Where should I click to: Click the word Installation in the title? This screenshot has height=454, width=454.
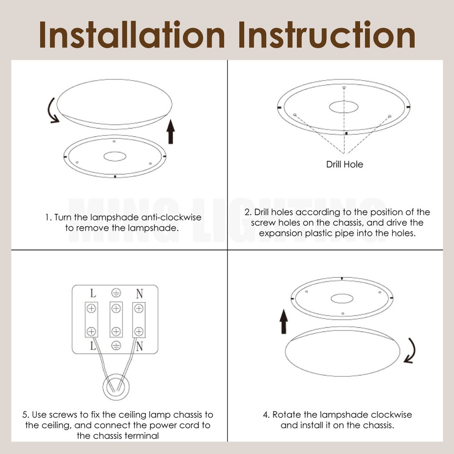[x=132, y=34]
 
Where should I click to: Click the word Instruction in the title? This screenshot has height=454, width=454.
[x=327, y=34]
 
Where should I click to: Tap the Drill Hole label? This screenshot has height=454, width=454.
[x=344, y=164]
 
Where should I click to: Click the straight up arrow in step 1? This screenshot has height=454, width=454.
[x=171, y=131]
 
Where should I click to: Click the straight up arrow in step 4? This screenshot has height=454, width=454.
[x=284, y=321]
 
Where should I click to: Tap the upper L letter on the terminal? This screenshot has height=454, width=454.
[x=93, y=294]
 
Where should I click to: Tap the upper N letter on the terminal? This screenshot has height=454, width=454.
[x=140, y=294]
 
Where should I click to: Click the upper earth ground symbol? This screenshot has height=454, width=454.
[x=116, y=293]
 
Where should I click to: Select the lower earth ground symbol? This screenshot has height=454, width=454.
[x=116, y=345]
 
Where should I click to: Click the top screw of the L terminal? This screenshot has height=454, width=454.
[x=91, y=309]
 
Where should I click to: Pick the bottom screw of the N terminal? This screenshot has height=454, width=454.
[x=139, y=332]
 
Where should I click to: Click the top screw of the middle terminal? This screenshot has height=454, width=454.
[x=116, y=309]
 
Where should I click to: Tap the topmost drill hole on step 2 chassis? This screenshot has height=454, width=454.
[x=344, y=87]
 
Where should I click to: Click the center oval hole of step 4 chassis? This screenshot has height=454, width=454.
[x=342, y=298]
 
